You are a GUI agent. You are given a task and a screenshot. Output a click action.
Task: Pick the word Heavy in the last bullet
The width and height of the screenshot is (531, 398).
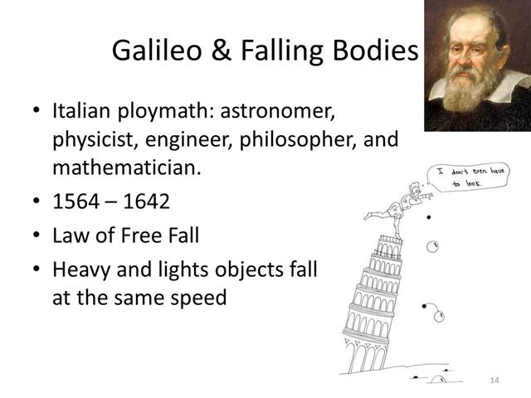click(79, 269)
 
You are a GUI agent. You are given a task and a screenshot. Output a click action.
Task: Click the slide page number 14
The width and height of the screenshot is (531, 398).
click(494, 379)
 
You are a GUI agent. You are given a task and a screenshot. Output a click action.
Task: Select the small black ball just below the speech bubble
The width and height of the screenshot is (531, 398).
click(428, 217)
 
